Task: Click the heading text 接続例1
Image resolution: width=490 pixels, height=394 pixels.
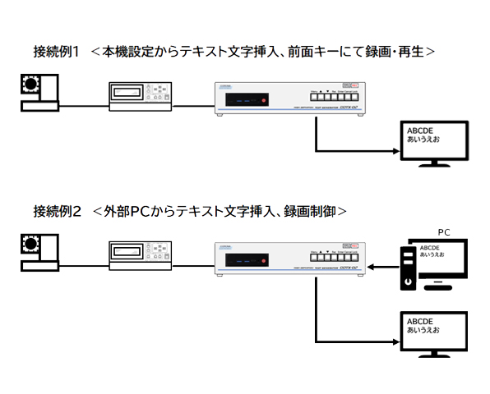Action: pyautogui.click(x=56, y=52)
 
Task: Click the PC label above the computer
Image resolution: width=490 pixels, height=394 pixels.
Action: pyautogui.click(x=443, y=232)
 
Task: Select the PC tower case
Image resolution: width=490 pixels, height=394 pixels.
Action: pyautogui.click(x=406, y=268)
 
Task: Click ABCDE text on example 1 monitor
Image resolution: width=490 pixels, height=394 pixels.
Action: pyautogui.click(x=418, y=131)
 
